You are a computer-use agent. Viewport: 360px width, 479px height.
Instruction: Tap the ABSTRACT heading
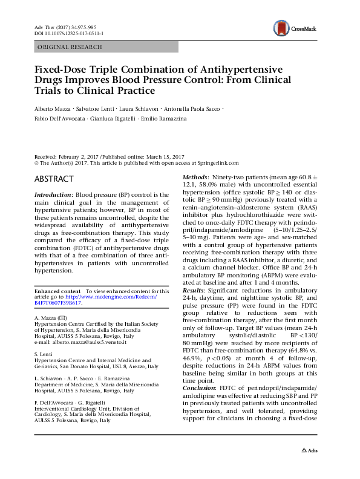point(54,179)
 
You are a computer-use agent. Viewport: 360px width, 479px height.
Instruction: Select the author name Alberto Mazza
point(53,108)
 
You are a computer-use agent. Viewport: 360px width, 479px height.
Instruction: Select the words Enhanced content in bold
point(57,292)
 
